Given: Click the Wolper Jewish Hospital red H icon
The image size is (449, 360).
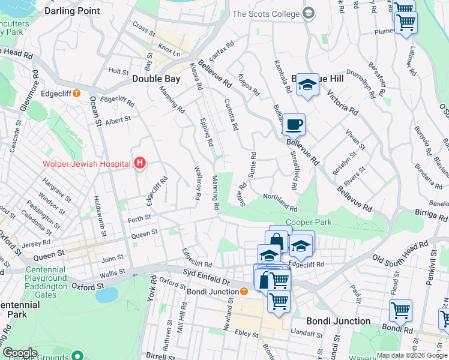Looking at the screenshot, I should click(140, 163).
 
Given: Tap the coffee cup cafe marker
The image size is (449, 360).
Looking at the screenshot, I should click(294, 125).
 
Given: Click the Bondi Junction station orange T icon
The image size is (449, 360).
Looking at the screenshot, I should click(244, 292).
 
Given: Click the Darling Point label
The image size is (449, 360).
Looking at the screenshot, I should click(72, 11).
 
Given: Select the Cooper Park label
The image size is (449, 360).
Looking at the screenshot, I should click(308, 223).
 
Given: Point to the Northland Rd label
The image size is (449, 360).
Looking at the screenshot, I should click(280, 202).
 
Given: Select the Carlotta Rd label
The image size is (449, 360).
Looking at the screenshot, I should click(231, 115).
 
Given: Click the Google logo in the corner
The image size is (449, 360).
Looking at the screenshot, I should click(20, 353).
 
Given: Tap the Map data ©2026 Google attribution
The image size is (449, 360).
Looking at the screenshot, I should click(412, 355).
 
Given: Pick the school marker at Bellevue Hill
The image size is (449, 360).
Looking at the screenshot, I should click(307, 85).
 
